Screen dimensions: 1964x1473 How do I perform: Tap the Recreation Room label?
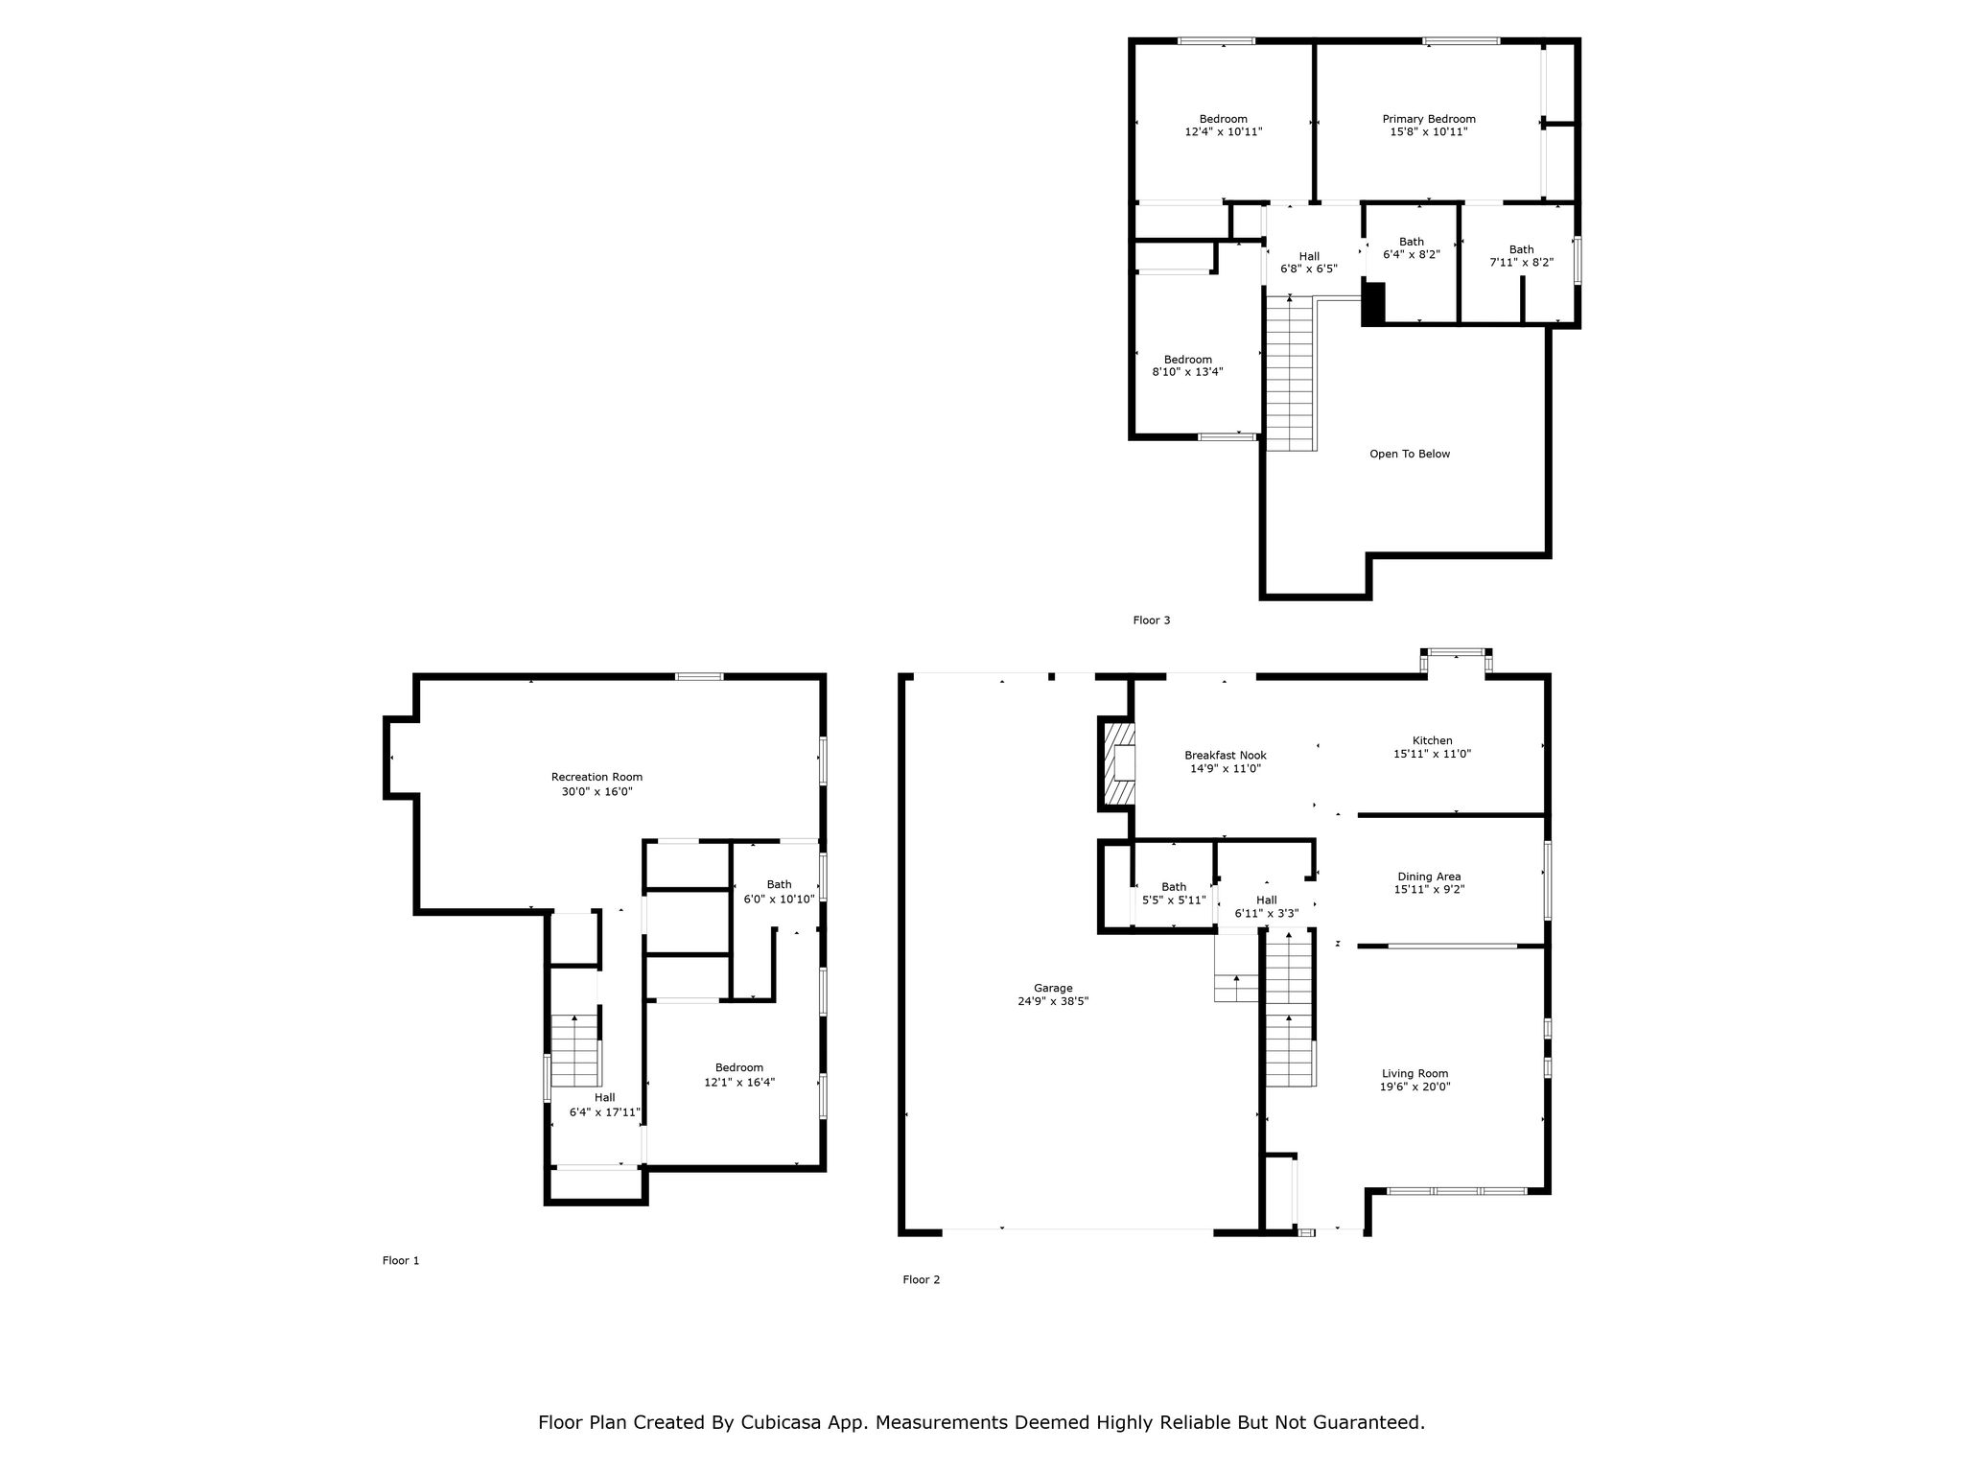coord(596,777)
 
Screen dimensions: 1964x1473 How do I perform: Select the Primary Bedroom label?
coord(1429,119)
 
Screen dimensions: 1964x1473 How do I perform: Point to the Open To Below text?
coord(1410,454)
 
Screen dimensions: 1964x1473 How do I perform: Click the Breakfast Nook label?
coord(1226,755)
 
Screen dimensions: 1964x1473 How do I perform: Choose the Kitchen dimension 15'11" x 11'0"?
coord(1432,754)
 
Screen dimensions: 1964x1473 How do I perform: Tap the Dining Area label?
coord(1429,877)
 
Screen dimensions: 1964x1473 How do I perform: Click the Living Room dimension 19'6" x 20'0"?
coord(1415,1087)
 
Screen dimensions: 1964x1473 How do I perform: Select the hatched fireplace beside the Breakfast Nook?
coord(1118,764)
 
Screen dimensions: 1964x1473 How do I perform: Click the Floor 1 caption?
coord(401,1260)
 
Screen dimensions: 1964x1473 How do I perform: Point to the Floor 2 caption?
coord(922,1279)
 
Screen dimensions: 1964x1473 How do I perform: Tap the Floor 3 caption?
coord(1152,620)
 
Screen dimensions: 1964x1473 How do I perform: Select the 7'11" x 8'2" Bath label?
coord(1521,256)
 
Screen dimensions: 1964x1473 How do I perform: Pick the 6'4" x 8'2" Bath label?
coord(1412,248)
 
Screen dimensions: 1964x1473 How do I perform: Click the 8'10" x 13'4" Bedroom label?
coord(1188,365)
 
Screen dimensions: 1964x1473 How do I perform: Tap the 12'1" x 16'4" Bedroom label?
coord(739,1074)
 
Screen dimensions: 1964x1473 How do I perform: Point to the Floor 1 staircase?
coord(575,1050)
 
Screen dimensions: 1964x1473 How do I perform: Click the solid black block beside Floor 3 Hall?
coord(1373,304)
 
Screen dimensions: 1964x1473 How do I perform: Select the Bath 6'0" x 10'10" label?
coord(779,892)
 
